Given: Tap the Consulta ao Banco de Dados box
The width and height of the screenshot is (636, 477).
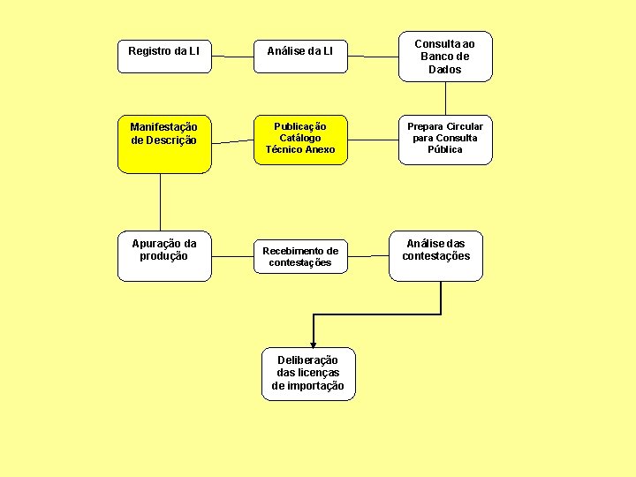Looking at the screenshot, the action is (x=444, y=57).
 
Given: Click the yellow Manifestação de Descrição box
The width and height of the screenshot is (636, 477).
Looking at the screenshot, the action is (x=164, y=141).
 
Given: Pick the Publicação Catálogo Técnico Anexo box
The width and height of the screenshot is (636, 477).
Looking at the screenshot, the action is (x=300, y=139).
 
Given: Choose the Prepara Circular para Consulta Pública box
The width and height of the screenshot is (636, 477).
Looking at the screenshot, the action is (x=445, y=139).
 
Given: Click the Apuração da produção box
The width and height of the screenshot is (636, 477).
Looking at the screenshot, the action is (x=164, y=256).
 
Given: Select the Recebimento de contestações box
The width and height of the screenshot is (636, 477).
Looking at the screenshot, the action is (x=300, y=257).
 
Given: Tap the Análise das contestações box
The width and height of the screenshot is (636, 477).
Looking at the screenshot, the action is (x=436, y=256).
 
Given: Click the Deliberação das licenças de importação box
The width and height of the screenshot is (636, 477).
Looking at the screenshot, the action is (x=309, y=373).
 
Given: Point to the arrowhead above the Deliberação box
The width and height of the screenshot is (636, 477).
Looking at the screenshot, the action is (x=313, y=342).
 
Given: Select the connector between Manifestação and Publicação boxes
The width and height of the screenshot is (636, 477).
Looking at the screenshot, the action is (x=232, y=141).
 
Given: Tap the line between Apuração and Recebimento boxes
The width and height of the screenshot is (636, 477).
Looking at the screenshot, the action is (x=232, y=259).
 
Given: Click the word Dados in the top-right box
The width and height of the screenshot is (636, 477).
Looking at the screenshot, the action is (x=445, y=70).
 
